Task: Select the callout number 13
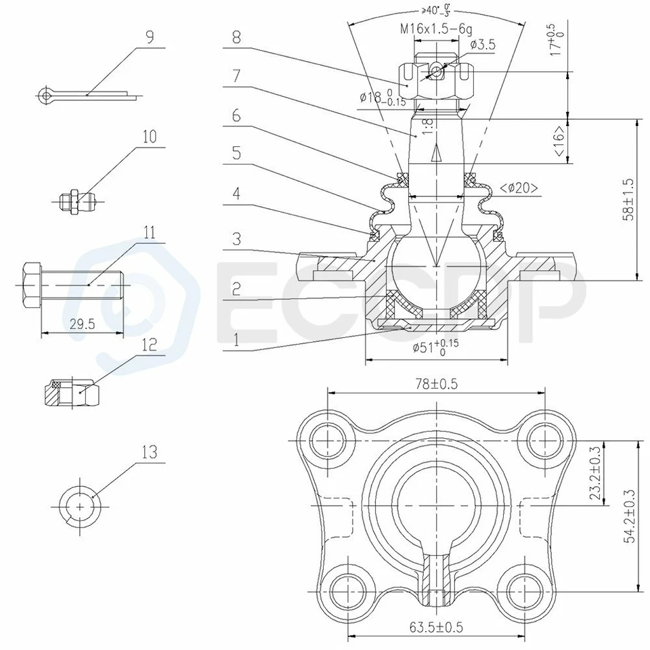click(150, 452)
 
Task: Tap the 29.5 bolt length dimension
click(82, 324)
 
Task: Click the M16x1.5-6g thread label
click(435, 28)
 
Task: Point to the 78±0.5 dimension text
click(436, 384)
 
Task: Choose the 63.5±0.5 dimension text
click(435, 627)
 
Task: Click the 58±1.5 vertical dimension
click(630, 200)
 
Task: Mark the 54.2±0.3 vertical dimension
click(630, 516)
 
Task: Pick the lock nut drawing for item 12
click(73, 393)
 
